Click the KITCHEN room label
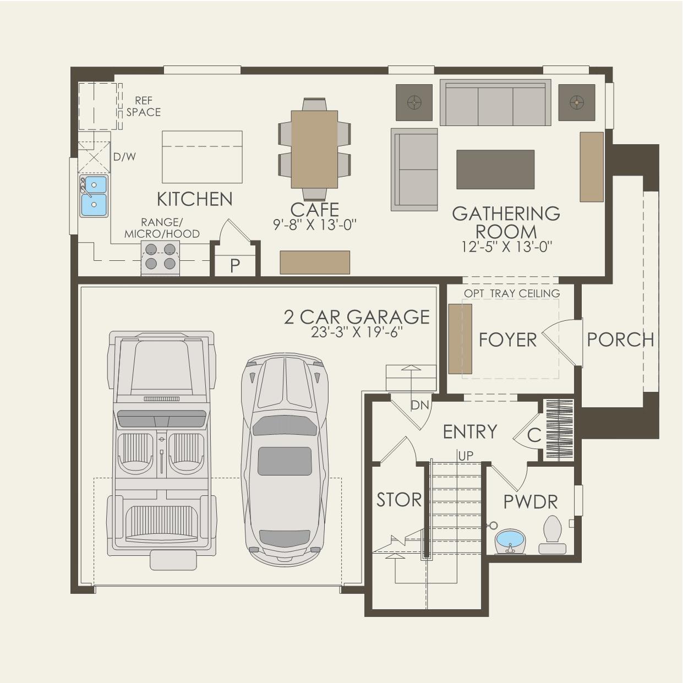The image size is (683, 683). point(195,199)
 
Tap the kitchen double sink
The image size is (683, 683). point(94,196)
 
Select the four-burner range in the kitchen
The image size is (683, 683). point(161,258)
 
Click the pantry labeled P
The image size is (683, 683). point(235,266)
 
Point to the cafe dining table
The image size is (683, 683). point(314,149)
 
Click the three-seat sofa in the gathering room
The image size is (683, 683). point(495,104)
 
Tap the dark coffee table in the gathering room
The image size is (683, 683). point(495,170)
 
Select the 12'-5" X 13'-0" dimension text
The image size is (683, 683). point(506,247)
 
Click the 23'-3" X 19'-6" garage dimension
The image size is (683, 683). point(357,332)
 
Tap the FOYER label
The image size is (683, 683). point(507,340)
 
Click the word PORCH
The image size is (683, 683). point(620,340)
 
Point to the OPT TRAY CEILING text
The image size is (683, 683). point(511,293)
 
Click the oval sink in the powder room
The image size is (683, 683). point(510,542)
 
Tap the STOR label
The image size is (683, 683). point(399,500)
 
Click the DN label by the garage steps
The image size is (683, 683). point(420,406)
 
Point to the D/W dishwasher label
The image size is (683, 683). point(124,157)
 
